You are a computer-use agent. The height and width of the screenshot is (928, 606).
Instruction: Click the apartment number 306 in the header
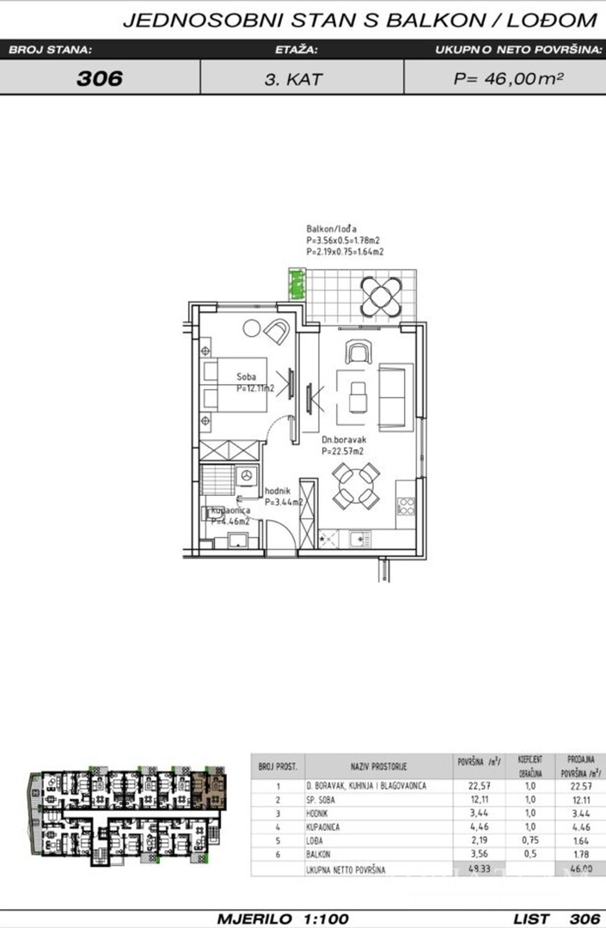pyautogui.click(x=100, y=79)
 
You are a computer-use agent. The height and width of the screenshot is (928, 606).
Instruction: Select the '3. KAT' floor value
pyautogui.click(x=301, y=79)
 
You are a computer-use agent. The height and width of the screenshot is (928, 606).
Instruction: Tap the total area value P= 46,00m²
pyautogui.click(x=508, y=79)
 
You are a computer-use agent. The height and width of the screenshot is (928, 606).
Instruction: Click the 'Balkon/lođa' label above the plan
pyautogui.click(x=330, y=229)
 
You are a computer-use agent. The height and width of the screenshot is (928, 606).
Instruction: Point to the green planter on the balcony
pyautogui.click(x=297, y=284)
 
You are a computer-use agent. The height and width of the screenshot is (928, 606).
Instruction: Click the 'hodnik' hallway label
pyautogui.click(x=276, y=491)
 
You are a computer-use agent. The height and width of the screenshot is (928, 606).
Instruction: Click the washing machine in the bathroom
pyautogui.click(x=248, y=475)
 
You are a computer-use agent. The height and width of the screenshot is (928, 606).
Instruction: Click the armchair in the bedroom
pyautogui.click(x=277, y=331)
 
